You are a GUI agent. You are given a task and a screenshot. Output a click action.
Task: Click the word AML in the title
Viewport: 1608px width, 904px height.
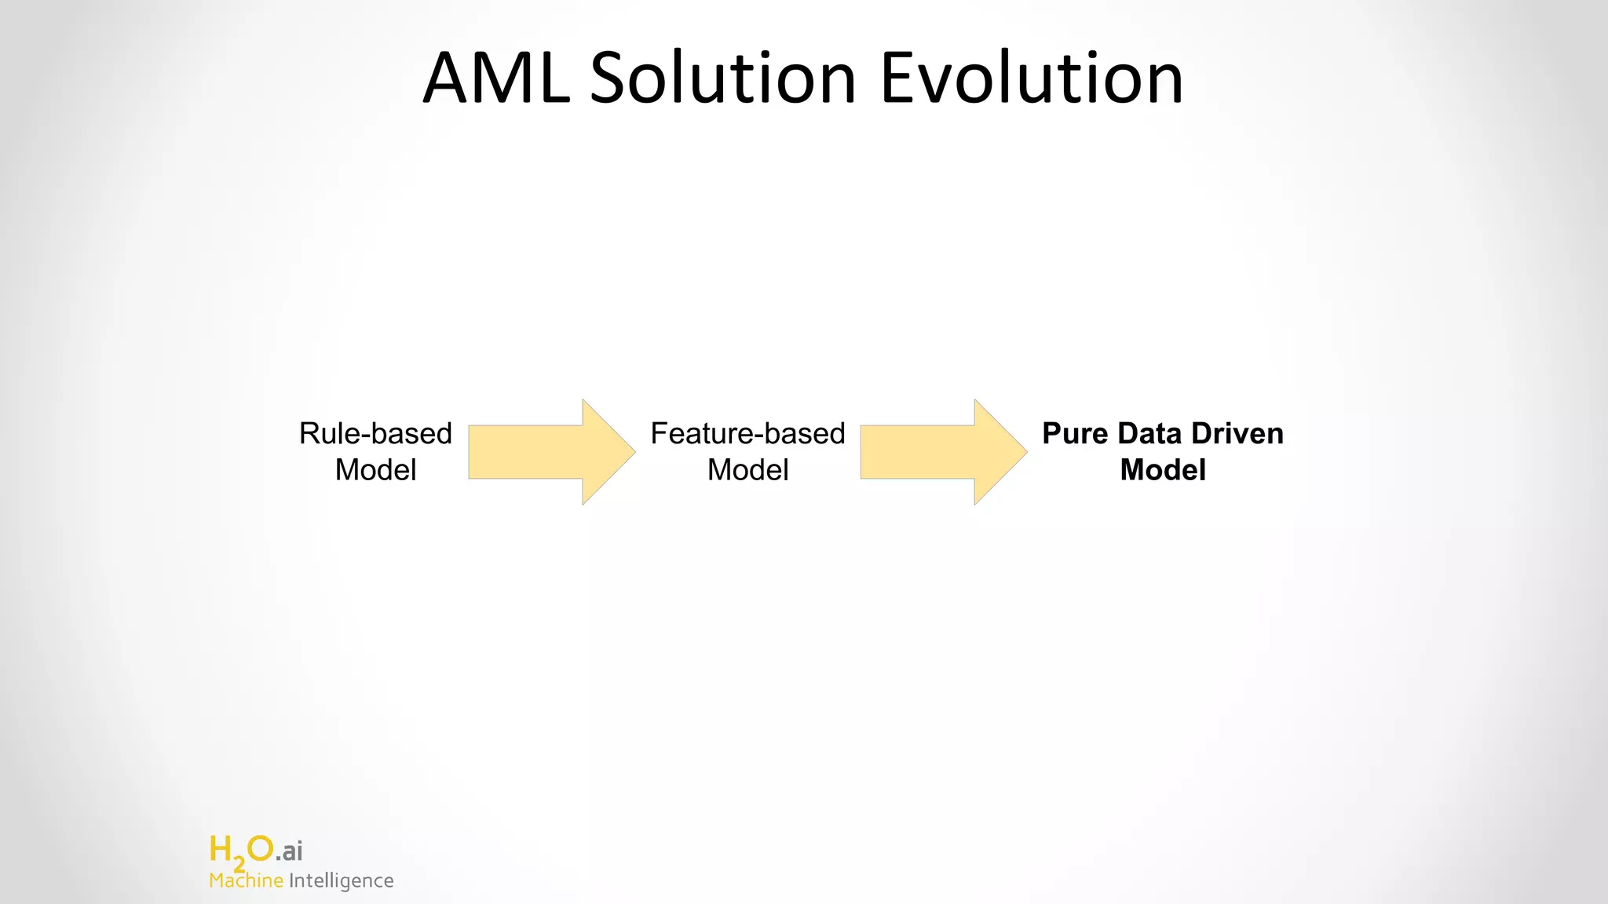[x=496, y=78]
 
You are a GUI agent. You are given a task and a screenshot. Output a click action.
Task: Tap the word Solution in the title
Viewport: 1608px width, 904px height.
[x=722, y=78]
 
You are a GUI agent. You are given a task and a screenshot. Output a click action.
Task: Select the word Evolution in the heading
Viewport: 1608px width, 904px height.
[x=1031, y=78]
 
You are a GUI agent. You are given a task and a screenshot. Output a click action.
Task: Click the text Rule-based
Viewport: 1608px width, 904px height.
[x=375, y=433]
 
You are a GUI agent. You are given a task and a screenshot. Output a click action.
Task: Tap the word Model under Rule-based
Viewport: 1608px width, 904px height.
[x=375, y=470]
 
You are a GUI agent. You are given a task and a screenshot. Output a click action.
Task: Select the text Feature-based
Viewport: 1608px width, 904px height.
[x=747, y=433]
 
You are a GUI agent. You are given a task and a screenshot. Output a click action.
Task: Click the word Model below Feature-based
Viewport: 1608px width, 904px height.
[x=747, y=470]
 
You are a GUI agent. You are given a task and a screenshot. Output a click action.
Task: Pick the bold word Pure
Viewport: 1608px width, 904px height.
[x=1074, y=433]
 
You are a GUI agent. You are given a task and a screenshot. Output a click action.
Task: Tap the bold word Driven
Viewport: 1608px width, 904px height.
[x=1237, y=433]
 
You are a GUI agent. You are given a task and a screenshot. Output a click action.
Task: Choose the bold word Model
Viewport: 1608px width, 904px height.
[x=1163, y=470]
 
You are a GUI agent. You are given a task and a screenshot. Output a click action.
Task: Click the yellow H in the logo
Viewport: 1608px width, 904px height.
[x=221, y=849]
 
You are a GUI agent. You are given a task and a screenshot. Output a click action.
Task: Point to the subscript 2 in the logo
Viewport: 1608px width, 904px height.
[x=239, y=864]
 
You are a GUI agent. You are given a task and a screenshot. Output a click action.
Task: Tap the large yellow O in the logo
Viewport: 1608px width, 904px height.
[x=260, y=848]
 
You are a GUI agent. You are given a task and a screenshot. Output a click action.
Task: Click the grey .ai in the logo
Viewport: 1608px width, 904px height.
[x=289, y=851]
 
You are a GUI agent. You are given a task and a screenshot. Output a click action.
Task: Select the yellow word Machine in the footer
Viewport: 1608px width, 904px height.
[x=246, y=880]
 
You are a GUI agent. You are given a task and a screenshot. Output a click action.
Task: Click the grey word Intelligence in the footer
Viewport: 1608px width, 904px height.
[x=341, y=880]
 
